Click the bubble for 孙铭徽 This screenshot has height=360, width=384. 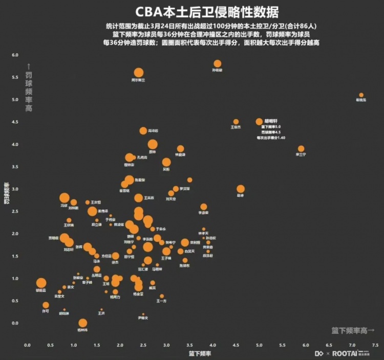218,64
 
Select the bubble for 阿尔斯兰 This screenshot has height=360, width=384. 138,73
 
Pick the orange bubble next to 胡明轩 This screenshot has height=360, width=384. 259,122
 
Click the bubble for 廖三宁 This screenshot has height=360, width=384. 301,149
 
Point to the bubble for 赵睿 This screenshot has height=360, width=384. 241,189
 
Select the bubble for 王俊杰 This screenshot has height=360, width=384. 236,122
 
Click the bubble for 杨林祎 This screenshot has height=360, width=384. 83,323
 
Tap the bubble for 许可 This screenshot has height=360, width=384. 46,305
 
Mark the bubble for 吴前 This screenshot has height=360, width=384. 166,162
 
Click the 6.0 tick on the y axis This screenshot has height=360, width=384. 15,55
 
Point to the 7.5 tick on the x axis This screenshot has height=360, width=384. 375,346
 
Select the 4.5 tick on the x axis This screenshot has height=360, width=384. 236,346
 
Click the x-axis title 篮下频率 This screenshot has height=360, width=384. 199,353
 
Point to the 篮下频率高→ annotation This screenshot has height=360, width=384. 353,331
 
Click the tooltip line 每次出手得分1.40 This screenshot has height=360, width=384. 271,138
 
